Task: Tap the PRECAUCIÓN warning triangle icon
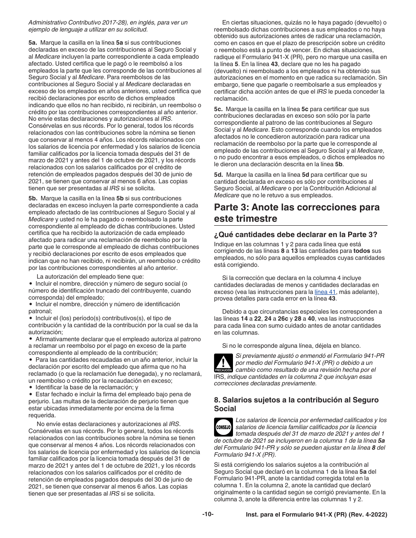[x=223, y=363]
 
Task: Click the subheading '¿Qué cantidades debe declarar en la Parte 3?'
[x=296, y=234]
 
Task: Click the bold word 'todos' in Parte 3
[x=362, y=251]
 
